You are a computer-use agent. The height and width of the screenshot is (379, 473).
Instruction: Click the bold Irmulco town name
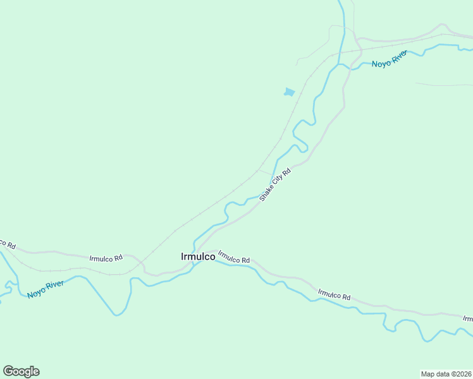pos(197,256)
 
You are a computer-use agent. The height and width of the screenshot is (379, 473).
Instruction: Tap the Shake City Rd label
pos(274,184)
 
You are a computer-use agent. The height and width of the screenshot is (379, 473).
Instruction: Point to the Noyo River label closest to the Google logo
pos(46,289)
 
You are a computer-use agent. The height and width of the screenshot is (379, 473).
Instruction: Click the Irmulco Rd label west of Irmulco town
pos(106,258)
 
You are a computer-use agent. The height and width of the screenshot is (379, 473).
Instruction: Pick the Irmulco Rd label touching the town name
pos(234,257)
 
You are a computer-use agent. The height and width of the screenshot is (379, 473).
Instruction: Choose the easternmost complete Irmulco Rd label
pos(335,294)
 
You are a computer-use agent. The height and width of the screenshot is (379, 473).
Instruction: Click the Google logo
pos(21,371)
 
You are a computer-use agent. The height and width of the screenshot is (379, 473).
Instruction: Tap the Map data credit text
pos(446,373)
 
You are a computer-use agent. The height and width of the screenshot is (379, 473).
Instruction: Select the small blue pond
pos(289,92)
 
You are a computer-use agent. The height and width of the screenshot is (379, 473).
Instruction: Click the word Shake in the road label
pos(266,193)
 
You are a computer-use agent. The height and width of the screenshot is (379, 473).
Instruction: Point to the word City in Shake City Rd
pos(279,180)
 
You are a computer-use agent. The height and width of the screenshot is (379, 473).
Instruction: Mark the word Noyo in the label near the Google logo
pos(35,292)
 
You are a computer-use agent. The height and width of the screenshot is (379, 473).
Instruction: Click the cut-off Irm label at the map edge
pos(468,319)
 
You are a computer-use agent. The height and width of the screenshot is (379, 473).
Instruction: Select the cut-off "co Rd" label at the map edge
pos(6,243)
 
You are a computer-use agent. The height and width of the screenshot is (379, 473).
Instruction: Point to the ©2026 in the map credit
pos(461,373)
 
